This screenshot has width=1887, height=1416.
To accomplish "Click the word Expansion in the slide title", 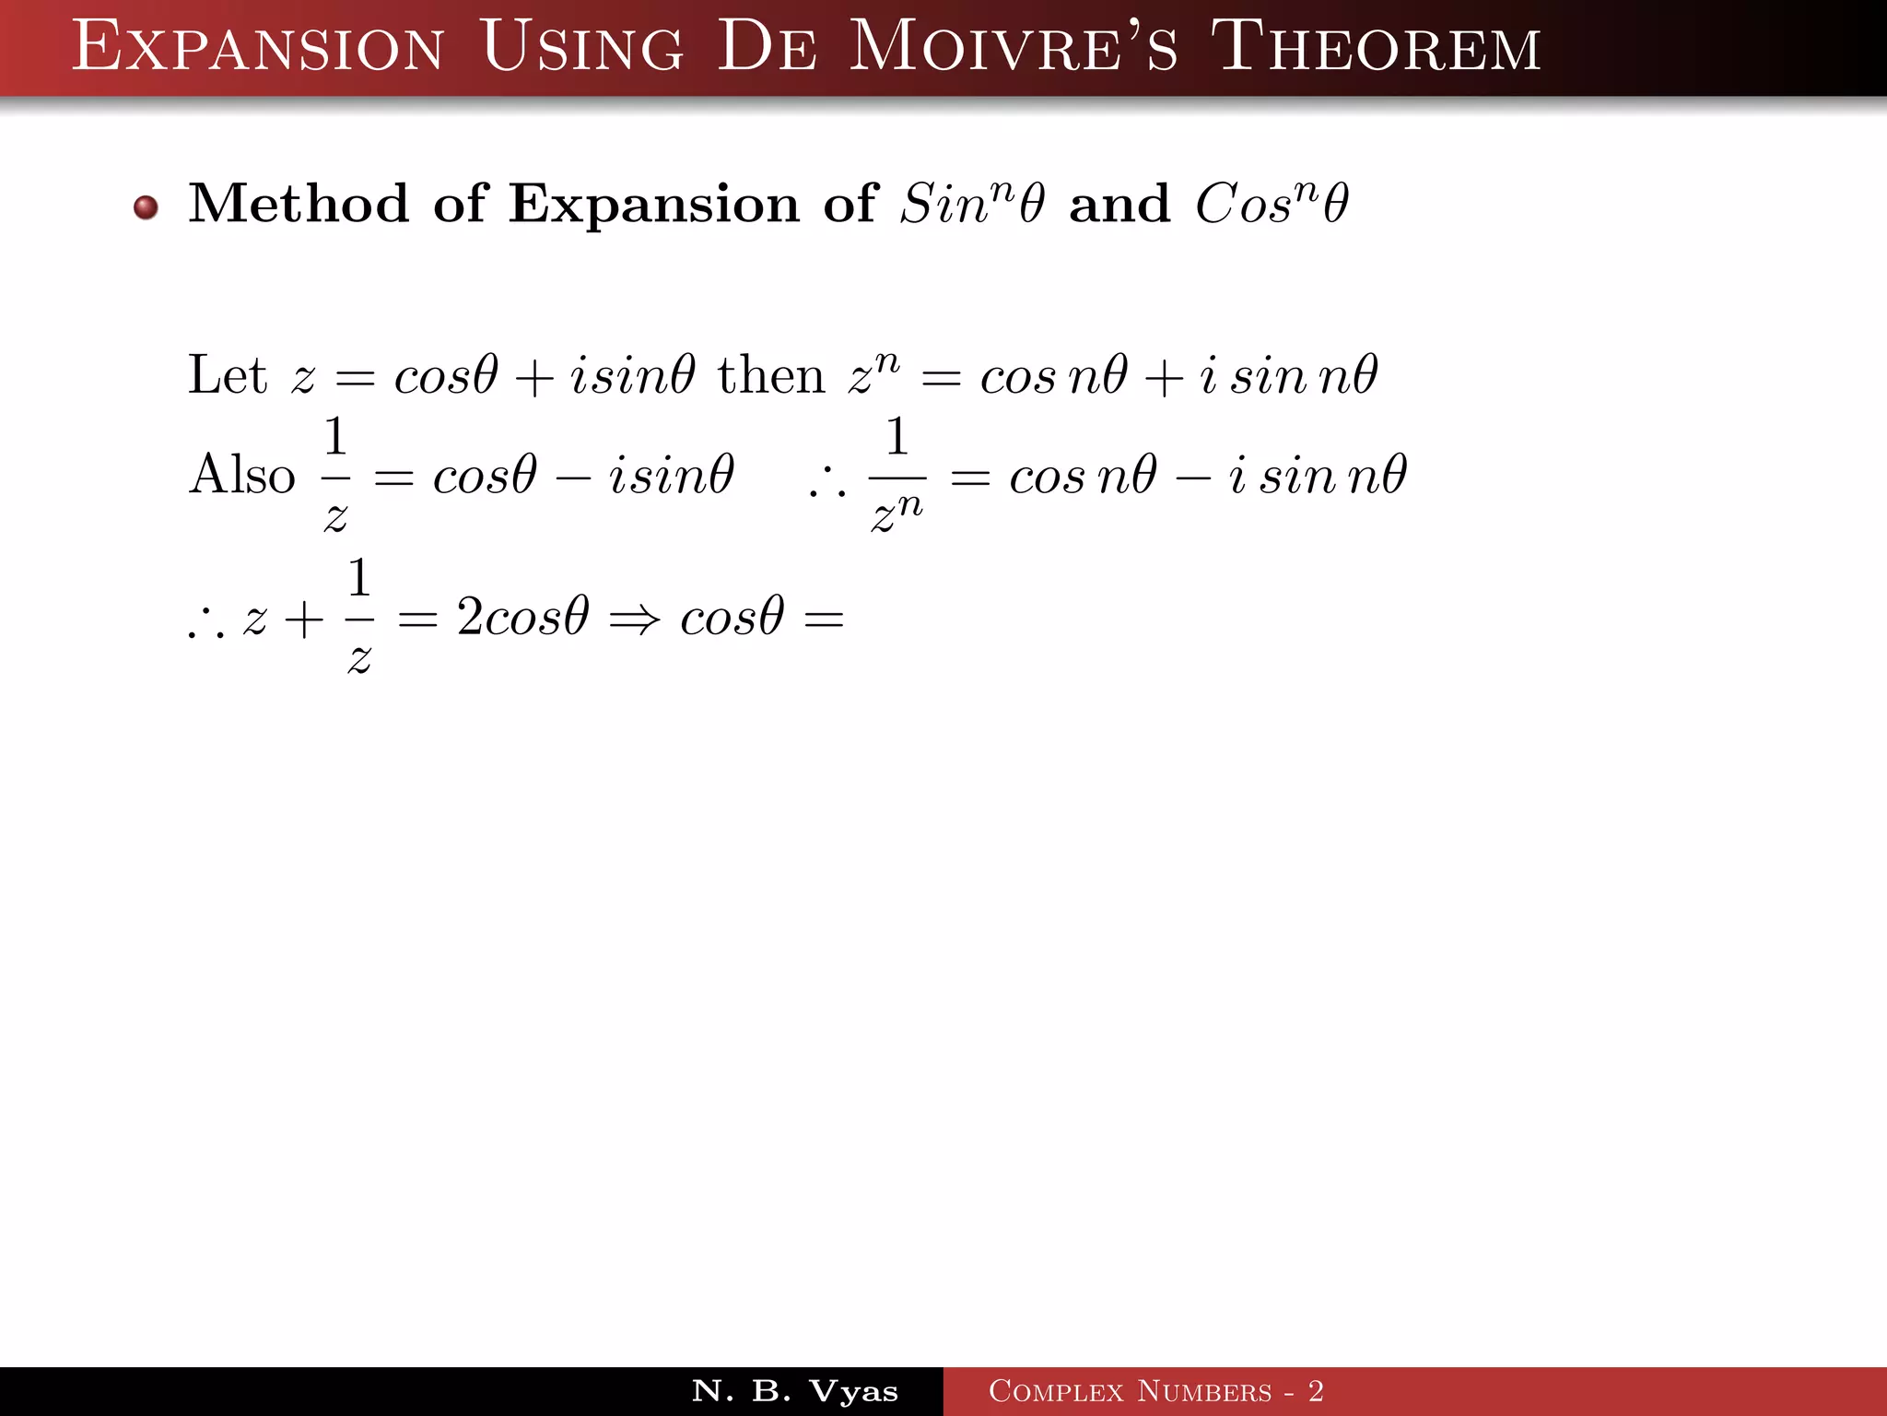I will pos(258,48).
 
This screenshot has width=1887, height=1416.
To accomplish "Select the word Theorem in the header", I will pos(1376,48).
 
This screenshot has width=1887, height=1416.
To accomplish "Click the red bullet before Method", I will pos(146,207).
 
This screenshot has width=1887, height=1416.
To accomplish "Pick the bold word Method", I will pos(299,204).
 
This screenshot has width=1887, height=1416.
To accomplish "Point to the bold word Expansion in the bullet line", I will pos(654,206).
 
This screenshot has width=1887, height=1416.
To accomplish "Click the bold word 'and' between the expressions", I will pos(1119,205).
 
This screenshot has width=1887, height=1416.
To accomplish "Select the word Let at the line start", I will pos(227,376).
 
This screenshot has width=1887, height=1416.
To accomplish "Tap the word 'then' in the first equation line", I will pos(771,376).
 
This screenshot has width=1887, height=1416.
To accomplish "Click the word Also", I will pos(242,476).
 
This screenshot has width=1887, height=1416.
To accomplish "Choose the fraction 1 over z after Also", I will pos(335,476).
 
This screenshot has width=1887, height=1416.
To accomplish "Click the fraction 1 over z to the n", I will pos(897,476).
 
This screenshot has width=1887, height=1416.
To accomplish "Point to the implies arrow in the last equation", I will pos(635,619).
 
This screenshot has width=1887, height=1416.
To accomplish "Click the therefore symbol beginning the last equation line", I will pos(205,626).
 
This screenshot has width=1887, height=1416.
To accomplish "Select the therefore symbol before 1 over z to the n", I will pos(826,485).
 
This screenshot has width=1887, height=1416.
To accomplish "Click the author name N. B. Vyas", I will pos(794,1391).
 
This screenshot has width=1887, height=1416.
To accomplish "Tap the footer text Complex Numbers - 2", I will pos(1155,1391).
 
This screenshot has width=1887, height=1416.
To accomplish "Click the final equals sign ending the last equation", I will pos(824,619).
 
